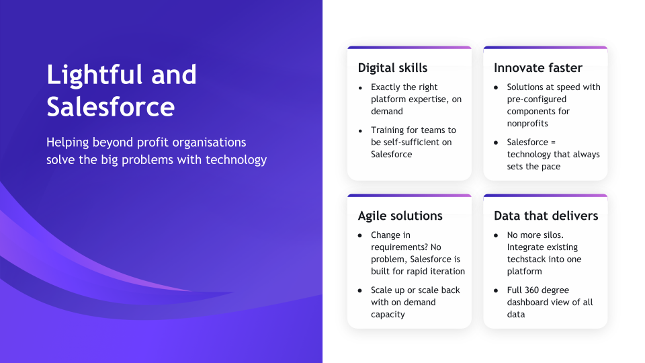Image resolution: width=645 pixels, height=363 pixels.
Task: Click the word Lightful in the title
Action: [95, 76]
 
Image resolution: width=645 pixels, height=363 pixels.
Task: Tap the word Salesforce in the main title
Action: [111, 107]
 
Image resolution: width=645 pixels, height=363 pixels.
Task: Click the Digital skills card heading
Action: [392, 68]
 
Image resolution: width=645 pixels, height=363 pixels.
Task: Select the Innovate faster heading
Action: [538, 67]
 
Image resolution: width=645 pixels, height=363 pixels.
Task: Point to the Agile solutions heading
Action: [400, 216]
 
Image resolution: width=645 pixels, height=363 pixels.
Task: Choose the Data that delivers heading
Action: [546, 216]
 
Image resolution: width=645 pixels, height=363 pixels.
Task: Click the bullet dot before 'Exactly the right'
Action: [360, 87]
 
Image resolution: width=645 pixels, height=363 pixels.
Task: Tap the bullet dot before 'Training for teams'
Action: [360, 131]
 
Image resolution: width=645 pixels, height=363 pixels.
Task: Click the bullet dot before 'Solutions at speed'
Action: [496, 87]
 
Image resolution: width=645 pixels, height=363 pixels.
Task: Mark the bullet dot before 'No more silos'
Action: [496, 235]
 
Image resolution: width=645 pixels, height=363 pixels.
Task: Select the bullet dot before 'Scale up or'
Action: [360, 290]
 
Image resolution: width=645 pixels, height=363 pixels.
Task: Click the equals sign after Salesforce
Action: [553, 143]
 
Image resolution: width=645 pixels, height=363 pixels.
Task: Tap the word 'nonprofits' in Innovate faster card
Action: [527, 124]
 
